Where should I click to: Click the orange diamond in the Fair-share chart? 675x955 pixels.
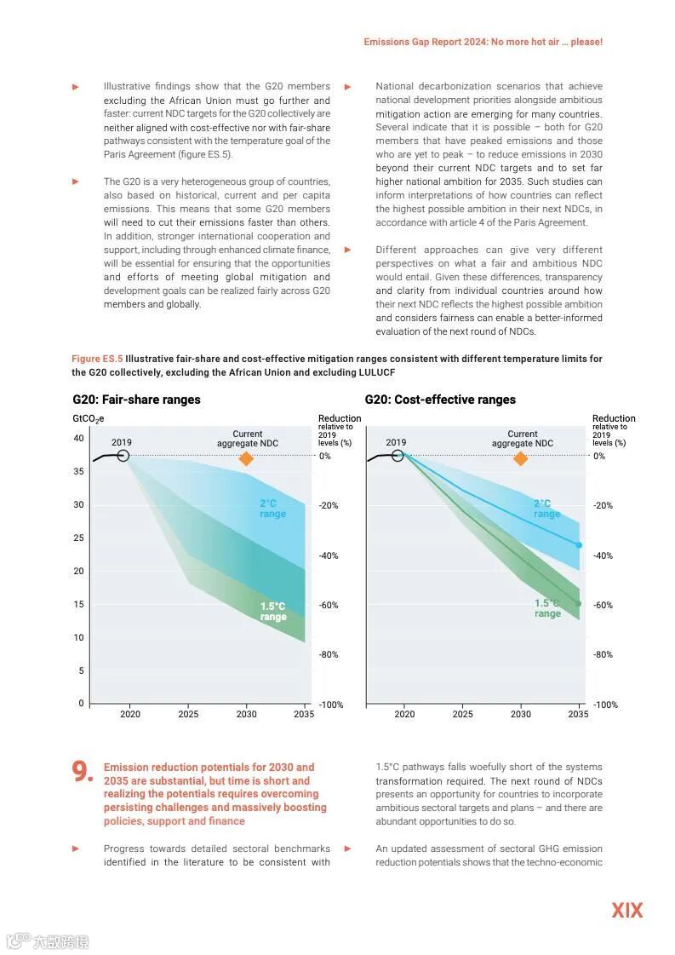[246, 458]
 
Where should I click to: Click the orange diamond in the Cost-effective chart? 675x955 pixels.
[521, 458]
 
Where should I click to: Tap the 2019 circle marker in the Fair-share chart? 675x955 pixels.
[123, 456]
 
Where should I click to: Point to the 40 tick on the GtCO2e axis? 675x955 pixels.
[78, 438]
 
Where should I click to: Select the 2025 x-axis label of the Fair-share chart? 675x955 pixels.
[188, 714]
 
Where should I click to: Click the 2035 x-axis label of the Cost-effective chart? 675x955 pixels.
[578, 714]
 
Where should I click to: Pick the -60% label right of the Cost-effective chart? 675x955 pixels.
[603, 605]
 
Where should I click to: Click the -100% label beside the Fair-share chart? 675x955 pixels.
[330, 705]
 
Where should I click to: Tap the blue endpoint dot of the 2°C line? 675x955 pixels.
[579, 545]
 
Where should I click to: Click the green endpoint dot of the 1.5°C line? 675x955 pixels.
[578, 604]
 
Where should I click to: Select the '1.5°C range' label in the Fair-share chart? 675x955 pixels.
[272, 612]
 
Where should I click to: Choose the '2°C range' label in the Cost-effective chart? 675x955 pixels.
[546, 509]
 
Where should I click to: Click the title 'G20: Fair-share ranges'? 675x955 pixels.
[136, 400]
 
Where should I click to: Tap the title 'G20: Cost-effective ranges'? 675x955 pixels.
[440, 400]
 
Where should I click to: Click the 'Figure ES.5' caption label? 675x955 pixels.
[97, 359]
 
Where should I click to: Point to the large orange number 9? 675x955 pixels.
[83, 772]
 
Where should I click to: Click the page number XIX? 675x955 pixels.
[626, 910]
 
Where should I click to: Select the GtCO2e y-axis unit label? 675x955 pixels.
[88, 418]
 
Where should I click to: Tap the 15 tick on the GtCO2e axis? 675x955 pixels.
[78, 604]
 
